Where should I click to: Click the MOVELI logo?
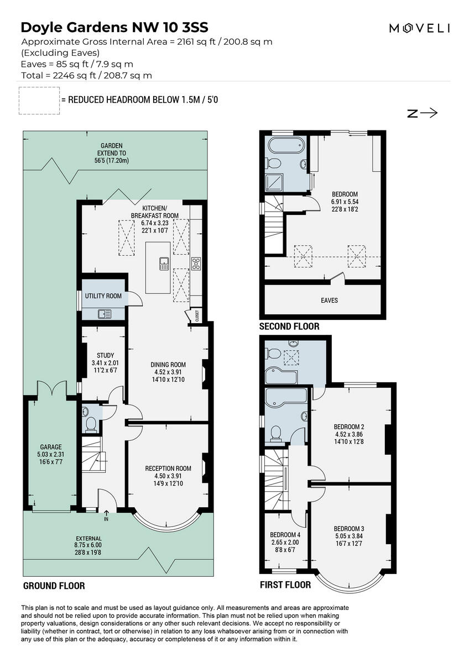click(x=419, y=28)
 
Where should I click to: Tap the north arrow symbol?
click(x=423, y=113)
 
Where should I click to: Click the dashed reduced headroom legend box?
click(x=39, y=101)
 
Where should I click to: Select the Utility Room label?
click(x=103, y=296)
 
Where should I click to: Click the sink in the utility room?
click(x=104, y=314)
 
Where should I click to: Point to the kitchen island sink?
click(x=164, y=264)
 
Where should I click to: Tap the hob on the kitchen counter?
click(x=196, y=264)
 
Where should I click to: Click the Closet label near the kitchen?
click(x=197, y=315)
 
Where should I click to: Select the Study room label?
click(x=105, y=355)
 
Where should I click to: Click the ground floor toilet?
click(x=91, y=423)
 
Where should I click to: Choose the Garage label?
click(x=51, y=447)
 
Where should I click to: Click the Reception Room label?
click(x=168, y=469)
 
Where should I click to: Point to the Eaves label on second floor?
click(x=330, y=301)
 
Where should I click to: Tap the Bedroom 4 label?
click(x=285, y=535)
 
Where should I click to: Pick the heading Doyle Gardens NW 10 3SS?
click(x=114, y=27)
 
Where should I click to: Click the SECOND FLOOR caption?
click(x=289, y=327)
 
